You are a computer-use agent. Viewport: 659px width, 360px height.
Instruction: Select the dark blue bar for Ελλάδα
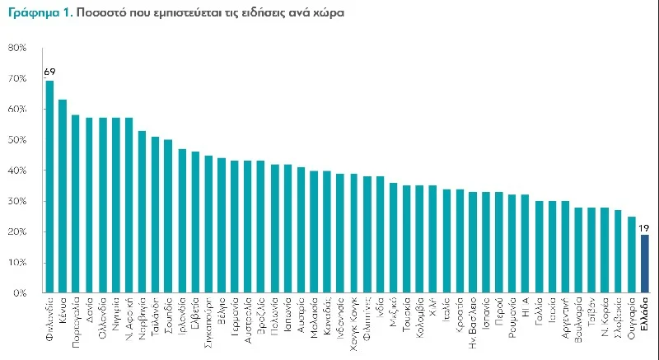[x=645, y=264]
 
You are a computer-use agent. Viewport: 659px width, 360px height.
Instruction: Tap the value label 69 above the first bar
[x=49, y=72]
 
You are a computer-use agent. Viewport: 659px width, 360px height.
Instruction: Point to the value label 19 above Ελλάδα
[x=645, y=227]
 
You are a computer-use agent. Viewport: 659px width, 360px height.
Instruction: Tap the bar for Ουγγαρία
[x=632, y=255]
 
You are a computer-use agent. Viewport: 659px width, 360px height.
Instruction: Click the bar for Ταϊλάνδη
[x=156, y=214]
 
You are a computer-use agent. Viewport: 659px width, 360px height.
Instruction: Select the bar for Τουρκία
[x=407, y=239]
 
